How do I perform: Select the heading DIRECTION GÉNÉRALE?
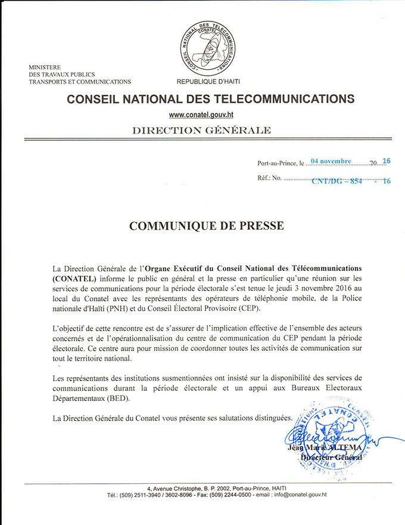[x=201, y=129]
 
